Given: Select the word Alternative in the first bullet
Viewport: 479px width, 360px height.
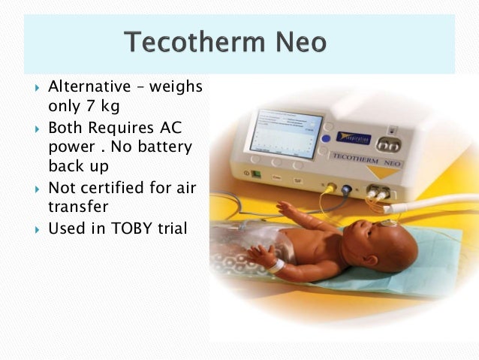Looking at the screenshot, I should coord(93,87).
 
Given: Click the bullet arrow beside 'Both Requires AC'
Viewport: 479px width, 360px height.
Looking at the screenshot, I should coord(36,129).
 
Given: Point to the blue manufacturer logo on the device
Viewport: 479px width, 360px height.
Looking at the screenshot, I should coord(352,138).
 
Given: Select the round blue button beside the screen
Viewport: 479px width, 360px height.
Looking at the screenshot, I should coord(327,138).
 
